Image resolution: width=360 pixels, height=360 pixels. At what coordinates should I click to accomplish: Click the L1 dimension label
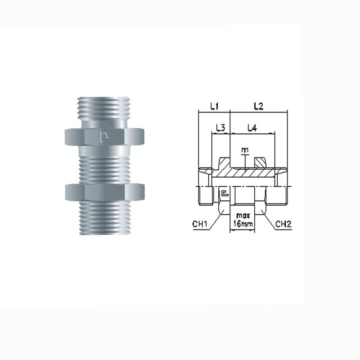[x=214, y=106]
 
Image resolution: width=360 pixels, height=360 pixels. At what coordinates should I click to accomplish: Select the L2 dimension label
[x=258, y=106]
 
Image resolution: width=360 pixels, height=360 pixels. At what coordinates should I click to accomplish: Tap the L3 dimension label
[x=220, y=128]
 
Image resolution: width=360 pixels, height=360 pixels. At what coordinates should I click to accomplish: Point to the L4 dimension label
[x=252, y=128]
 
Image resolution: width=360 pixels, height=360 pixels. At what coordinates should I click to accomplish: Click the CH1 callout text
[x=200, y=224]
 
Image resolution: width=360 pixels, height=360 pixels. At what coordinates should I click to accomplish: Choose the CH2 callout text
[x=283, y=224]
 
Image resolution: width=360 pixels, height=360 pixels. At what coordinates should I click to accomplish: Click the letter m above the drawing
[x=245, y=150]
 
